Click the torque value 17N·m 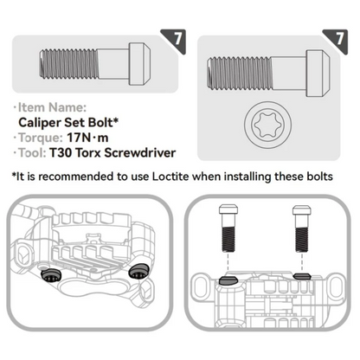pyautogui.click(x=87, y=138)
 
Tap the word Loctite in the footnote pyautogui.click(x=170, y=177)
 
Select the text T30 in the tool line pyautogui.click(x=61, y=153)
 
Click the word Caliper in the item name pyautogui.click(x=40, y=123)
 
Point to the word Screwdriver pyautogui.click(x=140, y=153)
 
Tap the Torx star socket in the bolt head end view pyautogui.click(x=267, y=125)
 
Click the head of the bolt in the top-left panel pyautogui.click(x=139, y=64)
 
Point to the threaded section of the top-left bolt pyautogui.click(x=69, y=64)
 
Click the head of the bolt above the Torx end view pyautogui.click(x=318, y=74)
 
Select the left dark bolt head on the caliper pyautogui.click(x=51, y=275)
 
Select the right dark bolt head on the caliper pyautogui.click(x=138, y=272)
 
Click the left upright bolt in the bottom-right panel pyautogui.click(x=228, y=228)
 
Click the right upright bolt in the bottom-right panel pyautogui.click(x=302, y=228)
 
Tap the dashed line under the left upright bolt pyautogui.click(x=228, y=264)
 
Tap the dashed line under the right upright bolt pyautogui.click(x=302, y=262)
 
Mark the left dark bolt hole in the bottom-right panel pyautogui.click(x=228, y=280)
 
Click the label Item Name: pyautogui.click(x=52, y=107)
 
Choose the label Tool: pyautogui.click(x=32, y=153)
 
